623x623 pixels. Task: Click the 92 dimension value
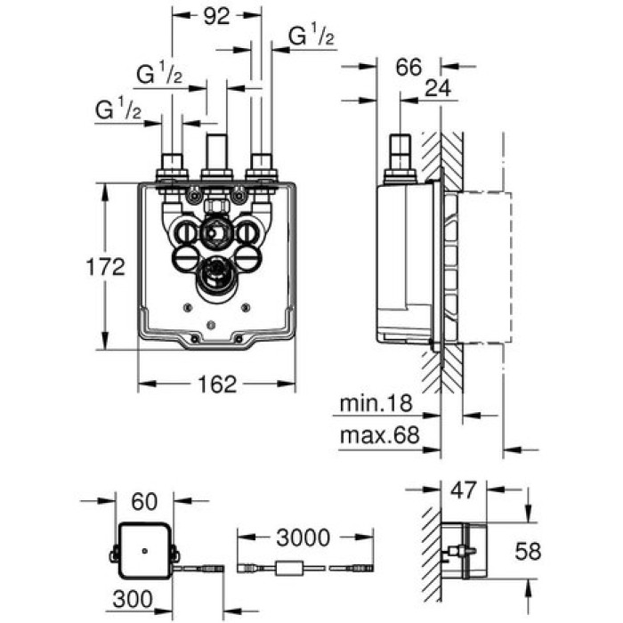pyautogui.click(x=216, y=15)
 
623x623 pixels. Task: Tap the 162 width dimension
pyautogui.click(x=216, y=384)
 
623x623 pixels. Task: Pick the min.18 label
pyautogui.click(x=378, y=405)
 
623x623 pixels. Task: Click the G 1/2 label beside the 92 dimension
pyautogui.click(x=310, y=36)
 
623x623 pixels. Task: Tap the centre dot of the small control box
pyautogui.click(x=143, y=551)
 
